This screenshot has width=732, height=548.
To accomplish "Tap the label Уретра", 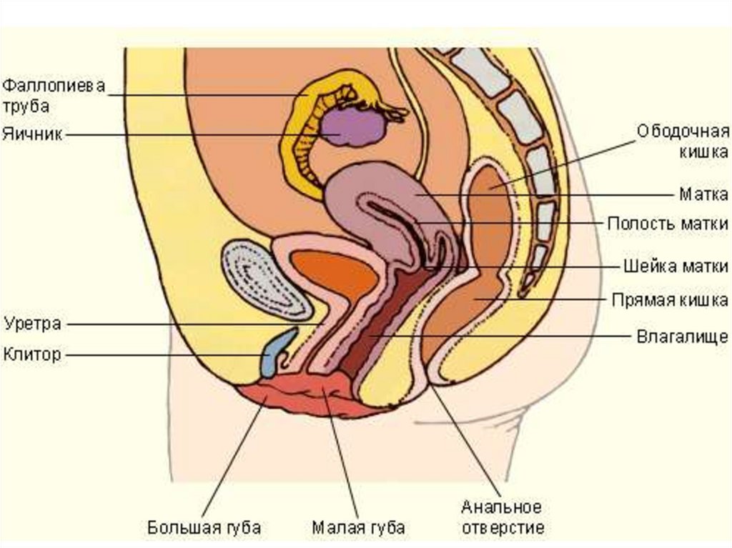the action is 32,323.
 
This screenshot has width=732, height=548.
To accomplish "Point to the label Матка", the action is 703,194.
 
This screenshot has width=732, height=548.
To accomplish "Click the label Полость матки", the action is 667,223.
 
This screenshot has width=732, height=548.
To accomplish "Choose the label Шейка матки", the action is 673,266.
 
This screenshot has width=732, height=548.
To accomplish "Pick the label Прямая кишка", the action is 670,299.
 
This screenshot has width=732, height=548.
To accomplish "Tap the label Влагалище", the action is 682,334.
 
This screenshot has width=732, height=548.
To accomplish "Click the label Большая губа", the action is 204,528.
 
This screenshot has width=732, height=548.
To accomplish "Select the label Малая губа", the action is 359,528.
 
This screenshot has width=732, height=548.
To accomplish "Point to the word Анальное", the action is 500,507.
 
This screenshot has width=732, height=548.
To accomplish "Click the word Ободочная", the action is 683,132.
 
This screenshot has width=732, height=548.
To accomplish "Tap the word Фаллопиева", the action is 54,87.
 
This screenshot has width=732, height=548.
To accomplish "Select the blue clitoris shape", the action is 274,353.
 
